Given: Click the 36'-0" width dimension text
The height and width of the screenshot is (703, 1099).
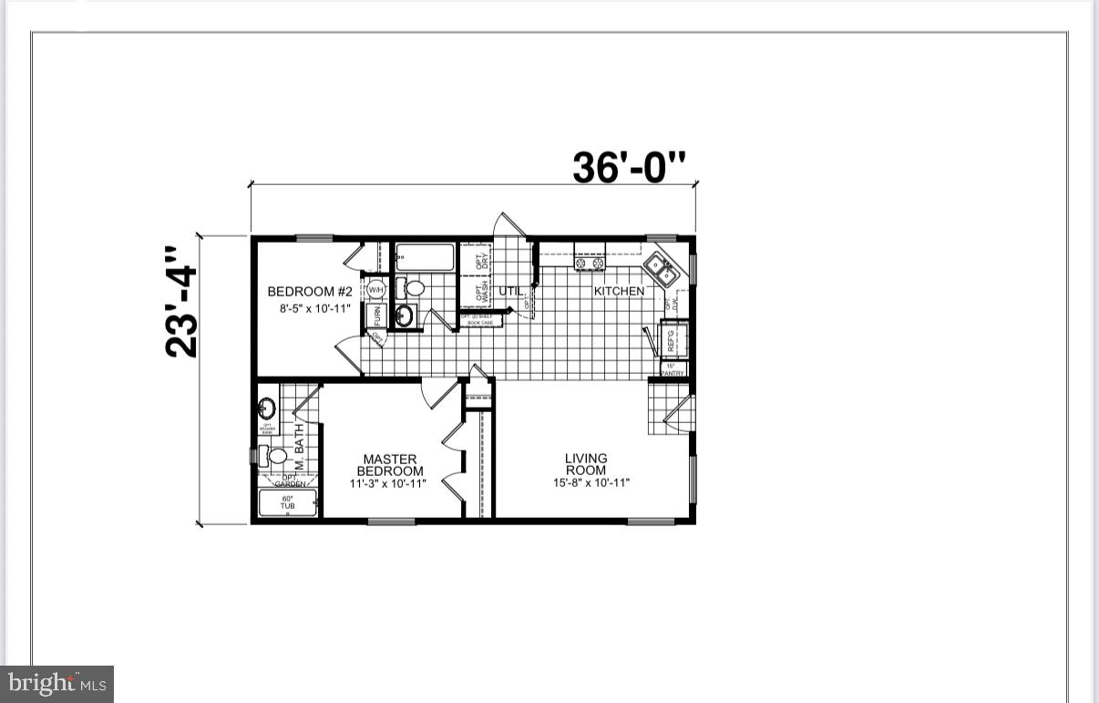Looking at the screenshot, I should (x=629, y=167).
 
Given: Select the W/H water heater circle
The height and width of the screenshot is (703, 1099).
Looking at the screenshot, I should (x=375, y=290).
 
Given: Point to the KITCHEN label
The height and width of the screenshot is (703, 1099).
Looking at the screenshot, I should (x=619, y=292).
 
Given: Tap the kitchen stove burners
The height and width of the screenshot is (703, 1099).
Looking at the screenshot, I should (x=589, y=264).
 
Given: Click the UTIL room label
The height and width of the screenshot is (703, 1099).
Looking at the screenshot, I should (x=510, y=292).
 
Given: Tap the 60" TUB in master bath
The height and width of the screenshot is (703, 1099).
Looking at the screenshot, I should (x=287, y=502).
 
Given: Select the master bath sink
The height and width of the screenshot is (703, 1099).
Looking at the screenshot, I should (x=267, y=408).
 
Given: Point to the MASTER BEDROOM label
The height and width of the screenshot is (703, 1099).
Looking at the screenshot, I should (x=390, y=465).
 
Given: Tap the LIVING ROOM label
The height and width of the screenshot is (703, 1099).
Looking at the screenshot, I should (x=586, y=464).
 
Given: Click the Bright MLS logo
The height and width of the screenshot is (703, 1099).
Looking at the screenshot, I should (x=56, y=683).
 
